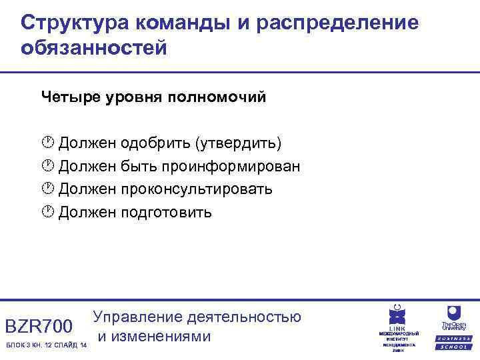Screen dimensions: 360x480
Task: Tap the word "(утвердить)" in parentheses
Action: pos(238,143)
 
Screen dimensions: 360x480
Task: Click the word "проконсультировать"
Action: pos(197,189)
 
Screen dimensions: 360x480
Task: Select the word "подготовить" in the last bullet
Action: pos(166,212)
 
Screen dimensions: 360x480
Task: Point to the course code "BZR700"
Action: pos(38,327)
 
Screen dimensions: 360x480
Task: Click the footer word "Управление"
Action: pos(139,317)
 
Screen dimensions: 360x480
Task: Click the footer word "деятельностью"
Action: pos(246,317)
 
